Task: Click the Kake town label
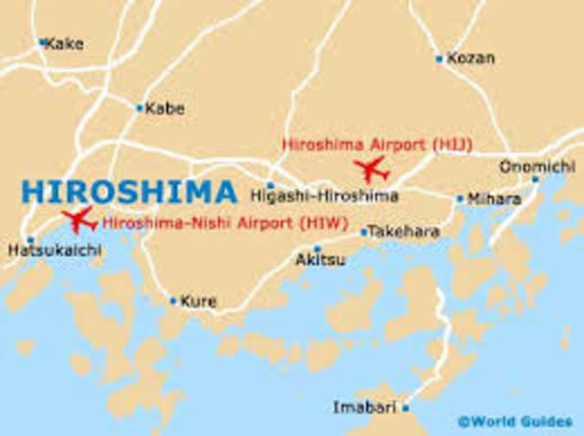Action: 66,42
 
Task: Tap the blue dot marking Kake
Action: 42,41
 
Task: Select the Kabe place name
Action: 165,109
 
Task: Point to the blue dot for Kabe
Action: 140,108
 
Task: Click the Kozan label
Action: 471,58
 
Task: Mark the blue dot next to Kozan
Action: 439,58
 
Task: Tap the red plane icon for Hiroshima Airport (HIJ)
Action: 371,169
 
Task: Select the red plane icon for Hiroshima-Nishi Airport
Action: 78,219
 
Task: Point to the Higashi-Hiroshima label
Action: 324,196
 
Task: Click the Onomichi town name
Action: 537,167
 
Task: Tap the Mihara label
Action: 494,198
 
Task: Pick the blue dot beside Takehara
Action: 363,232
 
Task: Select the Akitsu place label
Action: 320,260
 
